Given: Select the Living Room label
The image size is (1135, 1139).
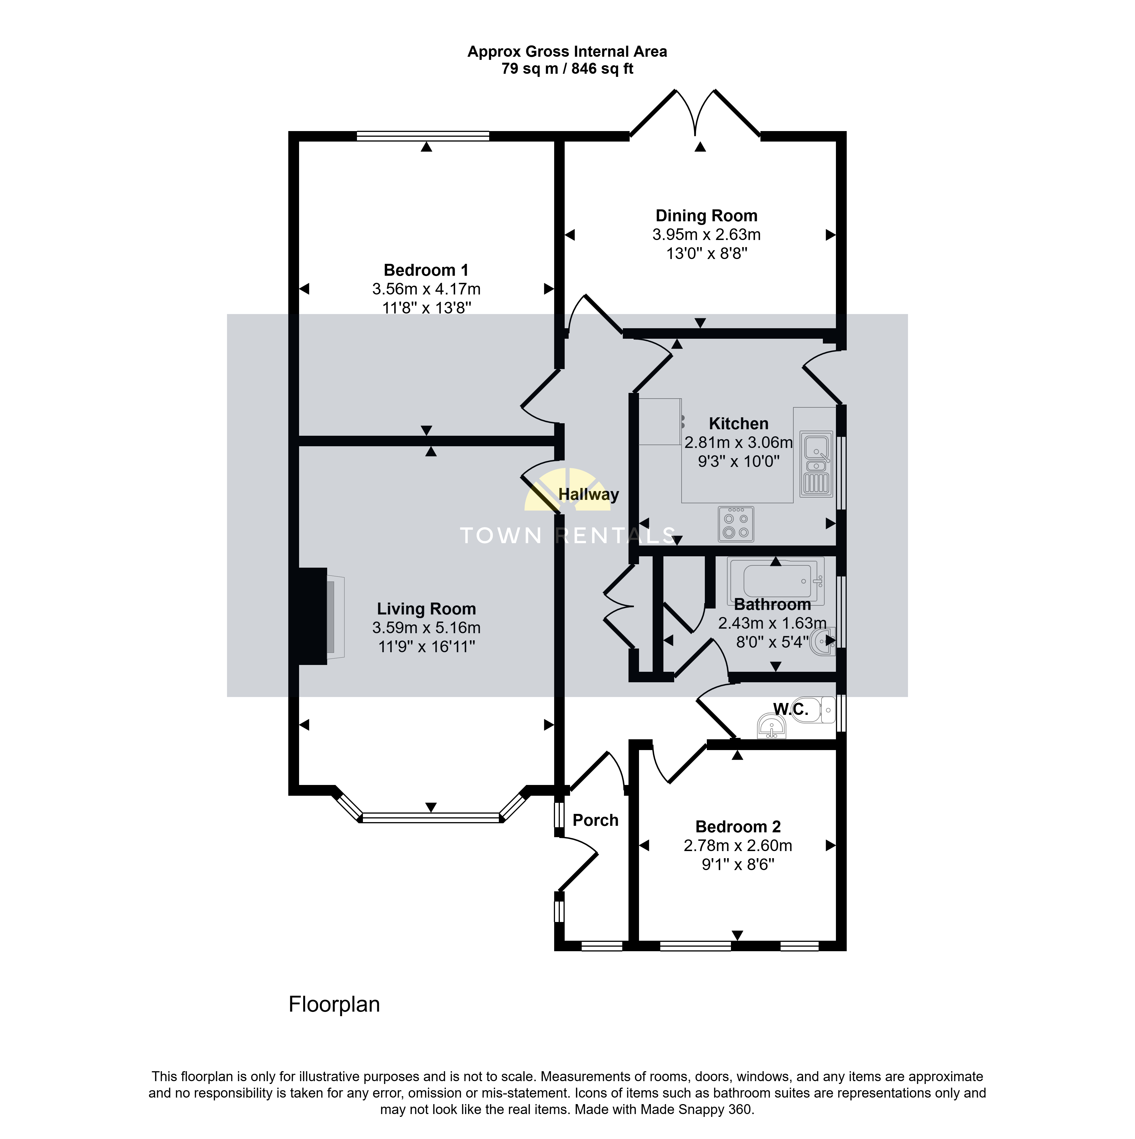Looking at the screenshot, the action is coord(426,609).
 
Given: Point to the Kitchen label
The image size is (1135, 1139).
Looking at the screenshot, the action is coord(739,424).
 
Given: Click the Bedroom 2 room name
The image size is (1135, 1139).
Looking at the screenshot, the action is coord(738,827).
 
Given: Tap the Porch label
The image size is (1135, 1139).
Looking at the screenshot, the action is coord(596,821).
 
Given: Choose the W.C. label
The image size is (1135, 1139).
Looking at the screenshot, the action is coord(791,709).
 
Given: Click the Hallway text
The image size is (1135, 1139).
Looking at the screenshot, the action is coord(588,495).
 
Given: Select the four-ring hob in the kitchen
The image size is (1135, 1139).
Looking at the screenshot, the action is coord(736,524).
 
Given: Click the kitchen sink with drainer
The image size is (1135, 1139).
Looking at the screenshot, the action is coord(817,464).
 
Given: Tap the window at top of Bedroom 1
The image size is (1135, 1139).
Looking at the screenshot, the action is coord(423,136).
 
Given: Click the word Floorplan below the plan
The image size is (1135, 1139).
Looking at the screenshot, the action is coord(334,1005).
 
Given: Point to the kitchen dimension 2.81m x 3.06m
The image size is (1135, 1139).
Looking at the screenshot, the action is coord(739,443).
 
